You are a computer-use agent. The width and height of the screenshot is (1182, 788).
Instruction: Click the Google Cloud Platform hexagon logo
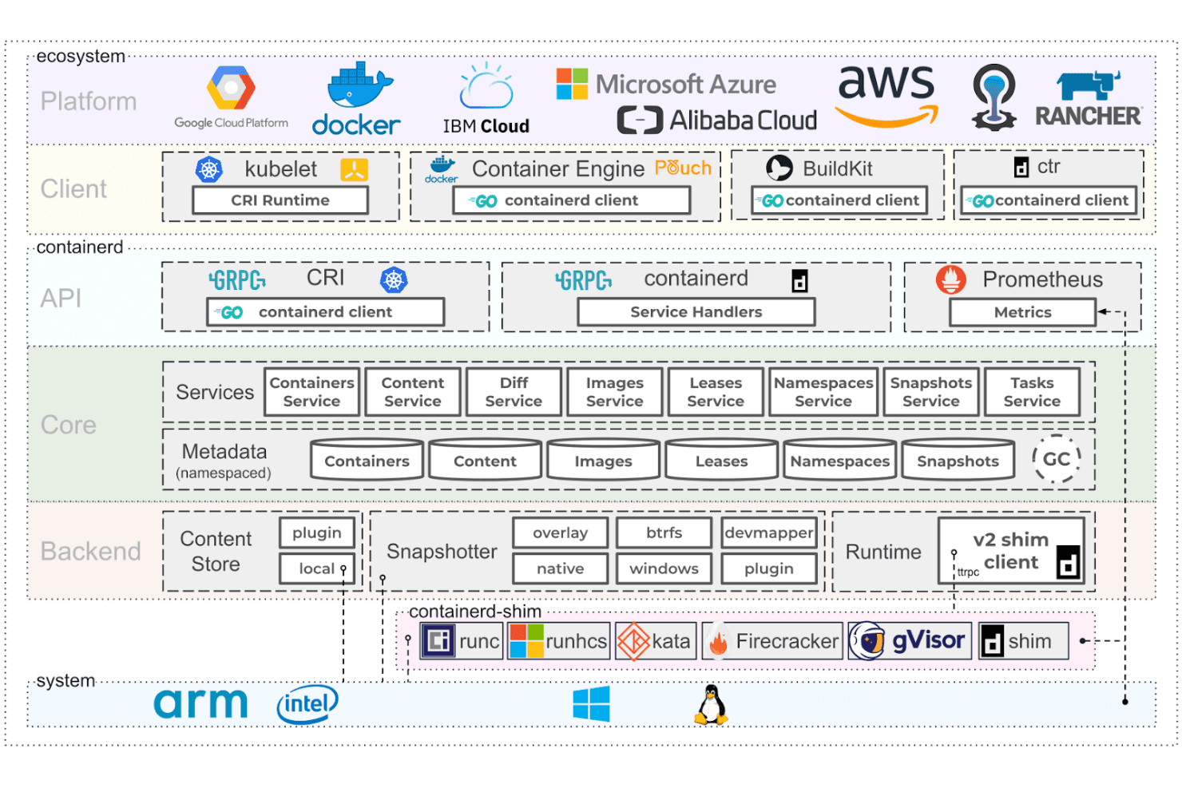pyautogui.click(x=231, y=88)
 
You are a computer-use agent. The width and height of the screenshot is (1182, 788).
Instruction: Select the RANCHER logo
pyautogui.click(x=1088, y=99)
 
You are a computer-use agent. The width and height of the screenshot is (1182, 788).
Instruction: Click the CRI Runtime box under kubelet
pyautogui.click(x=280, y=200)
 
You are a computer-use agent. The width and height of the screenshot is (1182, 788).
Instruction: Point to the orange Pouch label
pyautogui.click(x=683, y=168)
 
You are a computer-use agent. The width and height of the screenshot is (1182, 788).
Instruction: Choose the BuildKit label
pyautogui.click(x=838, y=168)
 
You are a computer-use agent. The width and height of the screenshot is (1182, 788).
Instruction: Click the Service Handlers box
pyautogui.click(x=696, y=312)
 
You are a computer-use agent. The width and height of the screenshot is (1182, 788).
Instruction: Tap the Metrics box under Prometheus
pyautogui.click(x=1022, y=312)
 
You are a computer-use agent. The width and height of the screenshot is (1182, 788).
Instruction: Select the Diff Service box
pyautogui.click(x=514, y=392)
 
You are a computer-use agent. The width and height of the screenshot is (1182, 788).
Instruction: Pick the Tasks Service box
pyautogui.click(x=1032, y=392)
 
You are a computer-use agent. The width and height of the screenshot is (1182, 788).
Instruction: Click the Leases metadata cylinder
pyautogui.click(x=721, y=459)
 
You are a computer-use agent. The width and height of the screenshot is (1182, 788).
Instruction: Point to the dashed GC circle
pyautogui.click(x=1056, y=459)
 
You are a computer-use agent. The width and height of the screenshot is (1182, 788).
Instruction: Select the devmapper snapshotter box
pyautogui.click(x=769, y=533)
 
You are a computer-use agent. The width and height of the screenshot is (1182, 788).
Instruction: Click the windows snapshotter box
pyautogui.click(x=664, y=568)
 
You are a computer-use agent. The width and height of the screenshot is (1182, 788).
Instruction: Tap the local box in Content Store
pyautogui.click(x=317, y=568)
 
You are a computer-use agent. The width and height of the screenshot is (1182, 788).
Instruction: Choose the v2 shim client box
pyautogui.click(x=1011, y=551)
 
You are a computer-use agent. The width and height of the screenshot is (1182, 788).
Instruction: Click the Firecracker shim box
pyautogui.click(x=772, y=641)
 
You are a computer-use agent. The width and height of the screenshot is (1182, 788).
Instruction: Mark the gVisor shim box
pyautogui.click(x=910, y=641)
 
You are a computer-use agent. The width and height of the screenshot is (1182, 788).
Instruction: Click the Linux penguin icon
pyautogui.click(x=711, y=705)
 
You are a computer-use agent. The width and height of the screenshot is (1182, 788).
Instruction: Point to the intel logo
pyautogui.click(x=307, y=704)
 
